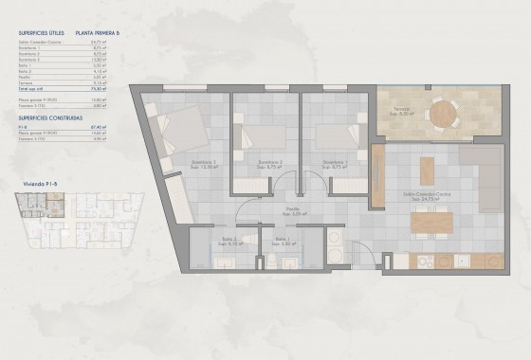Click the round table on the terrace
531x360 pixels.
[x=443, y=113]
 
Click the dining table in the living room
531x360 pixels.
[x=431, y=222]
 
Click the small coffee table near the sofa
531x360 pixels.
[x=427, y=170]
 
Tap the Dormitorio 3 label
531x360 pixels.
[x=336, y=163]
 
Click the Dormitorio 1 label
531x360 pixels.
[x=202, y=163]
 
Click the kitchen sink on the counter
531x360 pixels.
[x=461, y=260]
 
